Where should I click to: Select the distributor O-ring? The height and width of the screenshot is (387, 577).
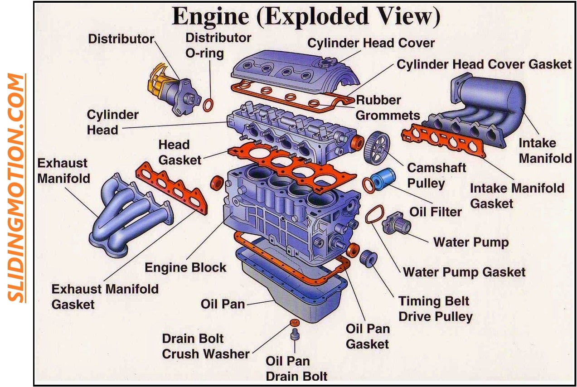click(x=208, y=105)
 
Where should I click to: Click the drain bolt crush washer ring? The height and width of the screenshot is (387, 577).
click(x=295, y=323)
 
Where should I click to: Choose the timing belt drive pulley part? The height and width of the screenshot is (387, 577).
click(x=369, y=258)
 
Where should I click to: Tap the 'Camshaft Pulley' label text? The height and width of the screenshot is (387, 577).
click(x=436, y=175)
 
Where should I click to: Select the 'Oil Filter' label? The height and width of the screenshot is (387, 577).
click(x=436, y=212)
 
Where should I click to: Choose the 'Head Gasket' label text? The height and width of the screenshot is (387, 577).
click(x=179, y=152)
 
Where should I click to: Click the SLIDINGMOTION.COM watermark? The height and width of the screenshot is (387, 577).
click(x=17, y=188)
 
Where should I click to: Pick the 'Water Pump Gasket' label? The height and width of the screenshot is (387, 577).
click(x=464, y=272)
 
